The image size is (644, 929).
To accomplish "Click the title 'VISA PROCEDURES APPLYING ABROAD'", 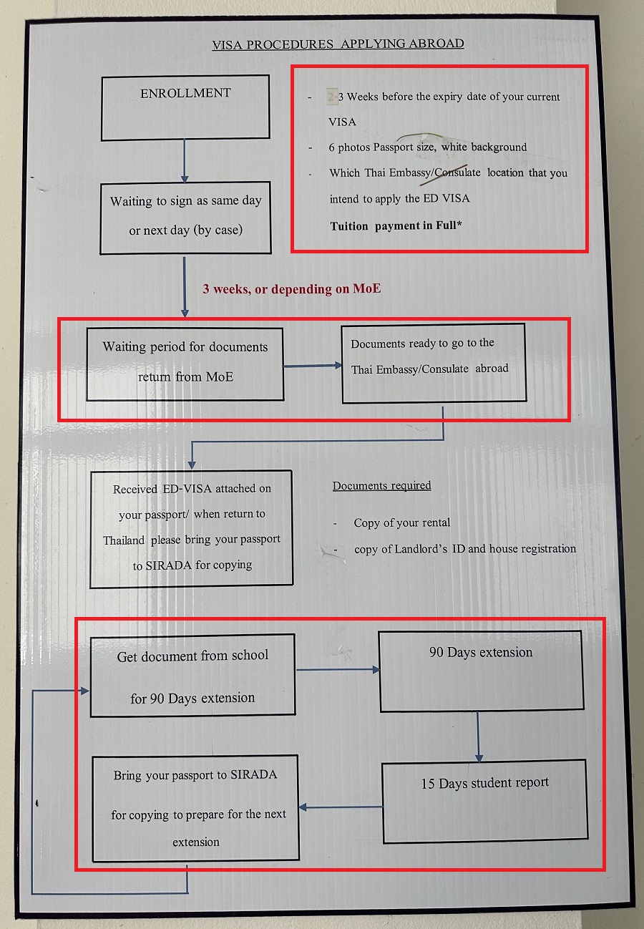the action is coord(338,44).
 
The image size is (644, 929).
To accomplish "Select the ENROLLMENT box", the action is coord(185,107).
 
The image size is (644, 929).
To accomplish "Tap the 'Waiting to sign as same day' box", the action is coord(185,217).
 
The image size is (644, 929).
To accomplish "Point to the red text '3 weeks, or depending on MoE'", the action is coord(291,289).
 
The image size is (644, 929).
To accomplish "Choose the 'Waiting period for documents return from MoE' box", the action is coord(185,364).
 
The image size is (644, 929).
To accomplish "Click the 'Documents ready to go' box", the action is coord(434,363).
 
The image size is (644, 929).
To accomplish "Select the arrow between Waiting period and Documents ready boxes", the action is coord(312,366).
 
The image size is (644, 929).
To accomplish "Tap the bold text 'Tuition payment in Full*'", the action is coord(396,226).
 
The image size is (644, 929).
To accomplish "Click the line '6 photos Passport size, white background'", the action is coord(427,147).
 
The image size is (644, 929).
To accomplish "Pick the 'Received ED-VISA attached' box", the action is coord(191,528).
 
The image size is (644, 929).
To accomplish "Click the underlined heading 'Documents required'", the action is coord(381,486).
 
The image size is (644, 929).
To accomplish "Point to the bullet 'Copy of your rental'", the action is coord(401,523).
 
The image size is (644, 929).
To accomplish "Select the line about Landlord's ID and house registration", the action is coord(464,549).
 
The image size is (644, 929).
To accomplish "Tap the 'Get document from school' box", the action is coord(192,675).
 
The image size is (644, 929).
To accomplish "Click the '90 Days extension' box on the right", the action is coord(481,671).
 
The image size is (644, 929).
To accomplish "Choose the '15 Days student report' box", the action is coord(484,800).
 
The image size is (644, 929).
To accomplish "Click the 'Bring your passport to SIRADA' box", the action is coord(195,807).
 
